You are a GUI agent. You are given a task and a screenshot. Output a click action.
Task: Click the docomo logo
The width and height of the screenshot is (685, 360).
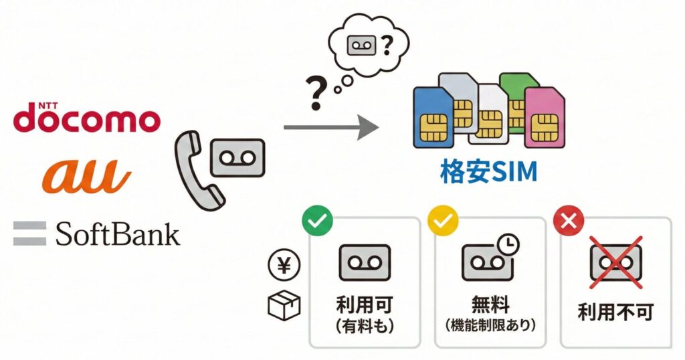87,118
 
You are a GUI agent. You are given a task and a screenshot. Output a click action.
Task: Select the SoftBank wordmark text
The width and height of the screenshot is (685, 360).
118,234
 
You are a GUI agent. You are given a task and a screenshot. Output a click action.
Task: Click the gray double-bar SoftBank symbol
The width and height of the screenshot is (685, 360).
29,234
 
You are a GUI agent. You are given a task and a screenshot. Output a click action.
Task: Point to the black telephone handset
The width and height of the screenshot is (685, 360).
195,167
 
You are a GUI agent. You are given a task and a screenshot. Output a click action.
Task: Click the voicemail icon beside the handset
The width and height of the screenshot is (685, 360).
237,159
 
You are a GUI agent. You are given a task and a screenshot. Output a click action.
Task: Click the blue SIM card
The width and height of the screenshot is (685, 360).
432,117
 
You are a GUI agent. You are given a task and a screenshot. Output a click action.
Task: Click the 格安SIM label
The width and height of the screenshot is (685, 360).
488,173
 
